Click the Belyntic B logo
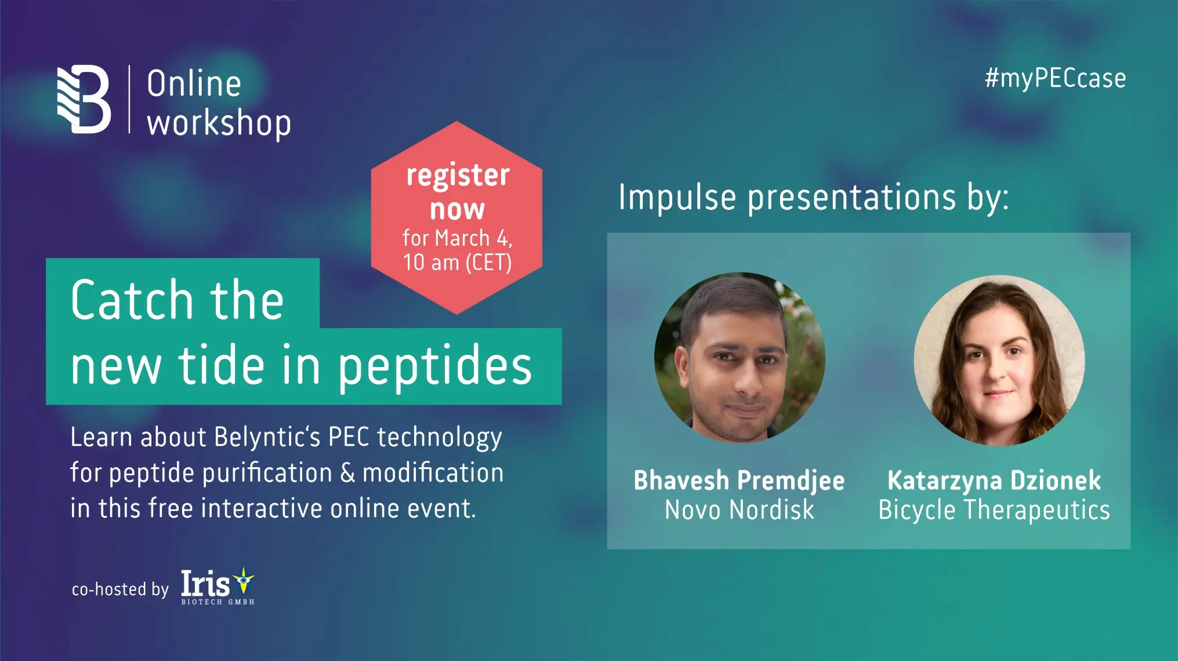(84, 99)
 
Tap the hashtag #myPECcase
(1055, 78)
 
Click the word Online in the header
(194, 84)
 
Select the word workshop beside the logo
(219, 124)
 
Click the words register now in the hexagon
(458, 191)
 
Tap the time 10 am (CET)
(457, 263)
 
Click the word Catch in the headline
(132, 300)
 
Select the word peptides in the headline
(434, 366)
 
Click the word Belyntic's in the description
(267, 437)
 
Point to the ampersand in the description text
(347, 473)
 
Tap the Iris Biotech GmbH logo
(218, 586)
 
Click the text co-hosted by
(120, 590)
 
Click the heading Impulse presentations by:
(813, 197)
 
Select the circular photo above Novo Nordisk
(740, 358)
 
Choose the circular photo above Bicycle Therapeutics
(999, 360)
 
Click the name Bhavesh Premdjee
(739, 481)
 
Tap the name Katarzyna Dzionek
(994, 481)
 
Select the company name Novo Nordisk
(739, 510)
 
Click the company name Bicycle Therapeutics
(994, 510)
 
